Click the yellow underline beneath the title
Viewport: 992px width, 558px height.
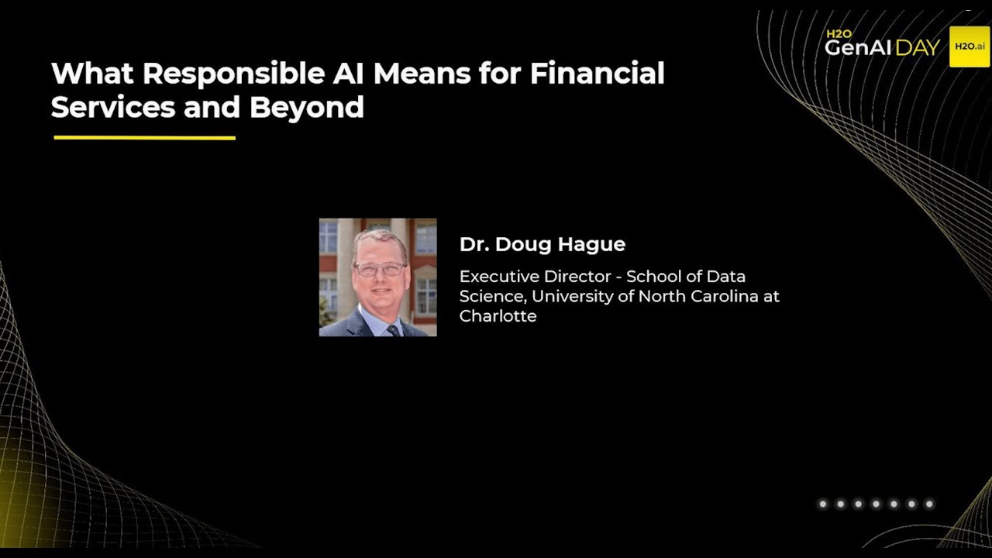(x=144, y=138)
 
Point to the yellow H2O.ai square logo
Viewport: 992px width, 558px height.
(x=970, y=46)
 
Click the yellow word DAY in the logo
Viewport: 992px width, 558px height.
(x=918, y=48)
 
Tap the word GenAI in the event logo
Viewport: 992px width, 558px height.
(x=859, y=48)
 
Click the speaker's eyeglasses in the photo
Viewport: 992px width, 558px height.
(x=379, y=270)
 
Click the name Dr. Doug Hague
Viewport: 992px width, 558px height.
(x=542, y=245)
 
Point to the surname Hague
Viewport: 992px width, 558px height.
(x=593, y=245)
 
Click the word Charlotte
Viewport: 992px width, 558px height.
(x=498, y=316)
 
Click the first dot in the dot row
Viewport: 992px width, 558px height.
(x=823, y=505)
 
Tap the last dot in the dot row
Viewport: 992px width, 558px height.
(x=929, y=505)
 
